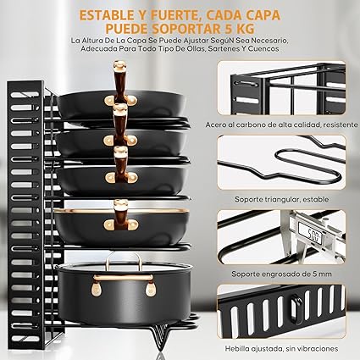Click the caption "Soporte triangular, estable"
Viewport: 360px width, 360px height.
coord(281,199)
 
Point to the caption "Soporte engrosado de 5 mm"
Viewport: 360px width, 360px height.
coord(281,274)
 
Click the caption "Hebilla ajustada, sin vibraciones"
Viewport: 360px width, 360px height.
coord(281,348)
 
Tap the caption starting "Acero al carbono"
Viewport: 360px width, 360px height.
coord(281,125)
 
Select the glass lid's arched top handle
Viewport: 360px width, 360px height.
coord(124,260)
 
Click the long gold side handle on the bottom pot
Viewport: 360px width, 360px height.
coord(124,278)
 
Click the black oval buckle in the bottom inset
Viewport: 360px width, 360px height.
coord(296,309)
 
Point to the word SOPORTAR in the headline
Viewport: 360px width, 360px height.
coord(180,29)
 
